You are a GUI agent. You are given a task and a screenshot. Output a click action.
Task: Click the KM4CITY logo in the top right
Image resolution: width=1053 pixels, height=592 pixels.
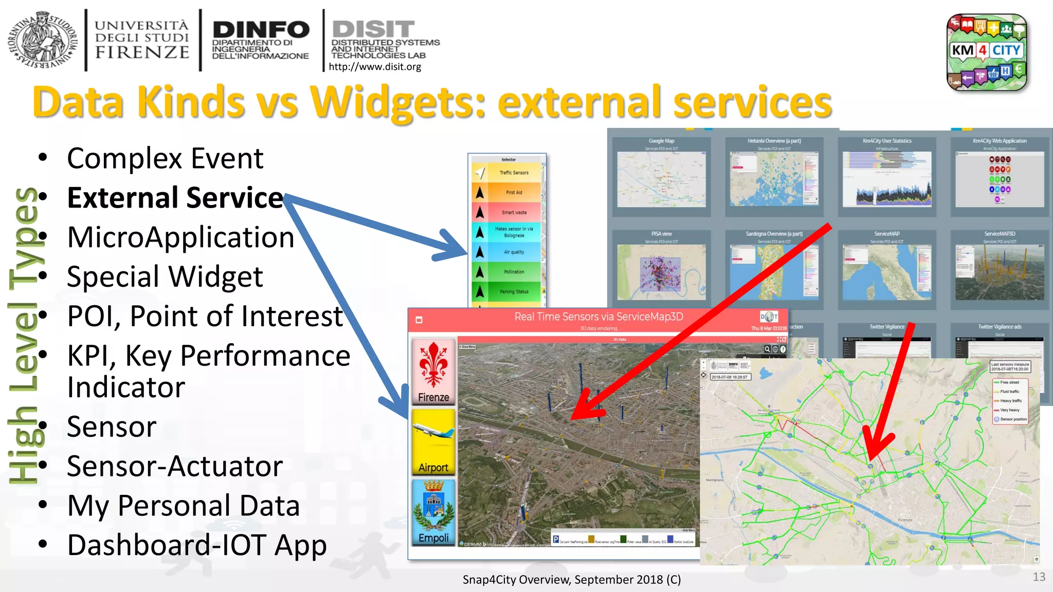tap(987, 52)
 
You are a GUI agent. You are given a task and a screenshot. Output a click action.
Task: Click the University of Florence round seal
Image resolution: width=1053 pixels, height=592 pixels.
tap(42, 40)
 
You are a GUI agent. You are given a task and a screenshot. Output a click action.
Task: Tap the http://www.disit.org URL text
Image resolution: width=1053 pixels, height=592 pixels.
tap(374, 67)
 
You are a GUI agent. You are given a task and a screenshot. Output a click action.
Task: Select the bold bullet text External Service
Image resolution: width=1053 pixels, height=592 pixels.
tap(175, 198)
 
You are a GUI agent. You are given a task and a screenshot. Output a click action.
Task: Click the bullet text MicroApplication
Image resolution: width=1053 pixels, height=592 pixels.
tap(180, 237)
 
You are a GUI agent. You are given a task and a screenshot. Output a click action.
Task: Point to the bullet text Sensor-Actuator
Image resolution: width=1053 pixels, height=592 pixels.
tap(175, 466)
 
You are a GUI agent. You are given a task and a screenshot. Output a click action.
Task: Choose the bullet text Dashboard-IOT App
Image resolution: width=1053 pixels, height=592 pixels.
tap(197, 545)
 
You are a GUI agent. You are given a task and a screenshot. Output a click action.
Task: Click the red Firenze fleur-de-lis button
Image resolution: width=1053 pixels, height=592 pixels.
tap(433, 371)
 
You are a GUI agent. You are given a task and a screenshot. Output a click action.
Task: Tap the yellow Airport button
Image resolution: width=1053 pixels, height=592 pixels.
tap(433, 442)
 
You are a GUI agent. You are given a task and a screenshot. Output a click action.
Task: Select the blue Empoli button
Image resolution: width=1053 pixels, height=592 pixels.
tap(433, 512)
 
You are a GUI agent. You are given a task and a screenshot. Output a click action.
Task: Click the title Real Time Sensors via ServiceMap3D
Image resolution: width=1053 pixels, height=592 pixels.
tap(598, 317)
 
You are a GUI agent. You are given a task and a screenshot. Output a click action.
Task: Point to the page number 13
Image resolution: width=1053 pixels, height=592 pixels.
tap(1039, 577)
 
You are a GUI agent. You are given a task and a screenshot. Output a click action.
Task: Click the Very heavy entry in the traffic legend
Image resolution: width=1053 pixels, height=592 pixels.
tap(1010, 410)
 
